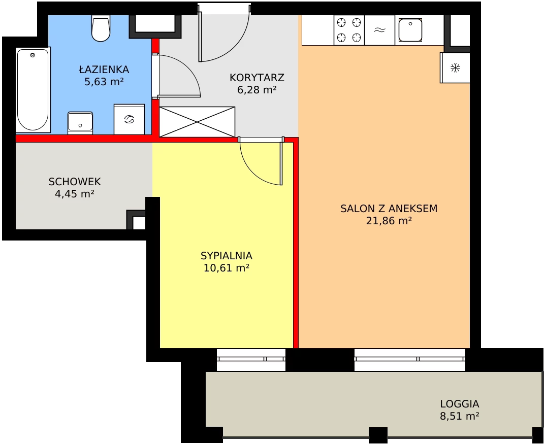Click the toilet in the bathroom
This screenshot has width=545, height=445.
101,28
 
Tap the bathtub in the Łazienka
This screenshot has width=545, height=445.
33,90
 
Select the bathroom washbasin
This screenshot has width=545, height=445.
80,123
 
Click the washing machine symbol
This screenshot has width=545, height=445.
130,119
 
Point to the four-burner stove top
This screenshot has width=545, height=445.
349,30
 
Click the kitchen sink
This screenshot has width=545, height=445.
410,30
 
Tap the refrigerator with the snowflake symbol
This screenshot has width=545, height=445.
455,67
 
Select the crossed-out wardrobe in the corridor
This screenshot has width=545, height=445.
197,122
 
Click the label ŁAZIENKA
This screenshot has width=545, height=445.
104,70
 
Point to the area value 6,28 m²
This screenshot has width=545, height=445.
257,90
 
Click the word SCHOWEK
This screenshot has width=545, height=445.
75,182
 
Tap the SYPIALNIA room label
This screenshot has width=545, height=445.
226,256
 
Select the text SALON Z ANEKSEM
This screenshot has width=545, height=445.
389,209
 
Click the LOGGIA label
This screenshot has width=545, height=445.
460,404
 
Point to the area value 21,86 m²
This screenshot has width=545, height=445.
389,221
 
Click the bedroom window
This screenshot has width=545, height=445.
251,359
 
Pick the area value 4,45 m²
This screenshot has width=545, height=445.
75,194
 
